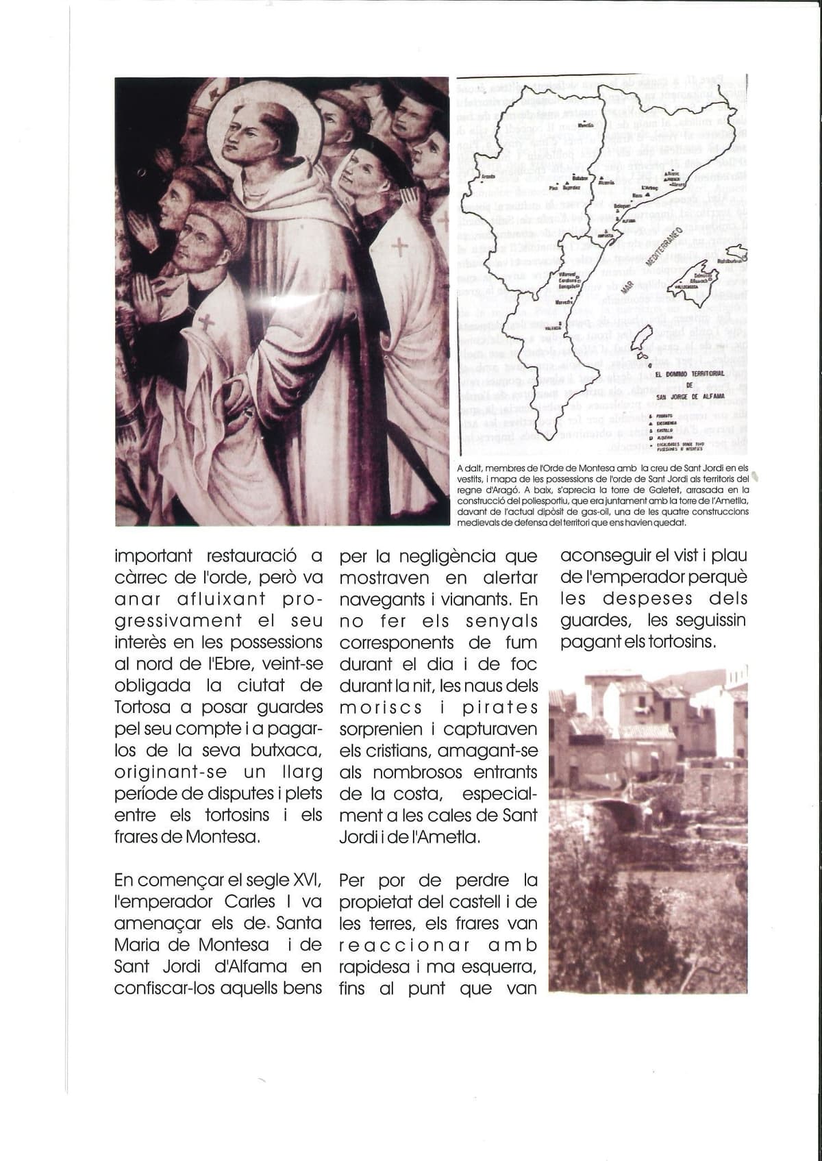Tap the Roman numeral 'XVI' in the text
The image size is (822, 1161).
pos(307,880)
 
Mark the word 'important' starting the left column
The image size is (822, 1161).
pos(154,555)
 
